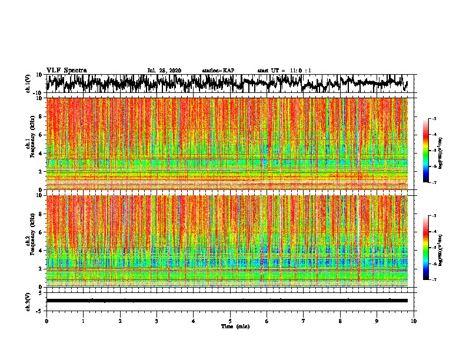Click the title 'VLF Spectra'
[66, 71]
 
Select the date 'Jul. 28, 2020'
[164, 71]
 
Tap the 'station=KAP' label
[218, 71]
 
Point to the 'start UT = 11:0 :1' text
[284, 71]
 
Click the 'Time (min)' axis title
[235, 326]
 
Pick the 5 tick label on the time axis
[230, 321]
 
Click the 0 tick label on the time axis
[46, 321]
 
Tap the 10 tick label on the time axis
[414, 321]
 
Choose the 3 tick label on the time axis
[157, 321]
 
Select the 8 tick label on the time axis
[340, 321]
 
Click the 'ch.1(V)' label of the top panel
[28, 84]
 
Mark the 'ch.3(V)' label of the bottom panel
[28, 301]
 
